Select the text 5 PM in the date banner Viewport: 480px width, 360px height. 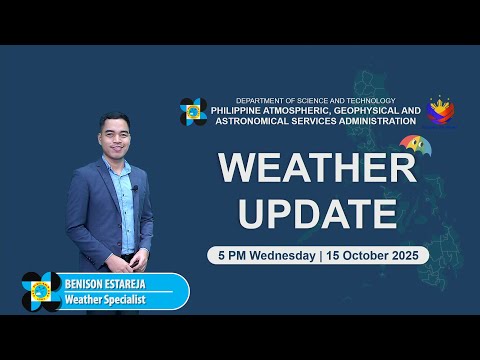[x=233, y=255]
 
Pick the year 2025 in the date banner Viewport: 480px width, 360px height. [x=409, y=255]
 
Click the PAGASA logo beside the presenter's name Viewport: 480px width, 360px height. [x=41, y=291]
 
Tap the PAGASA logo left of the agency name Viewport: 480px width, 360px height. [x=193, y=111]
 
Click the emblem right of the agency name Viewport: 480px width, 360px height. [x=440, y=111]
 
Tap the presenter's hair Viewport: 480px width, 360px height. [x=114, y=119]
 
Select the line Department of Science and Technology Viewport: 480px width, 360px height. [x=315, y=101]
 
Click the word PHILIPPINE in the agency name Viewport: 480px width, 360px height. [x=245, y=111]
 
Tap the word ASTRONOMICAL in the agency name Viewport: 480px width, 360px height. [x=250, y=121]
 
